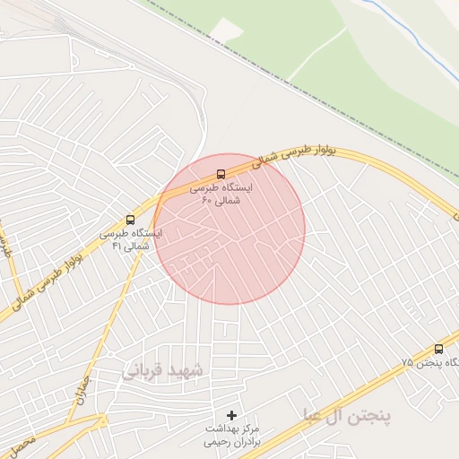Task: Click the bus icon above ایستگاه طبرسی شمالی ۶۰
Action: pyautogui.click(x=221, y=175)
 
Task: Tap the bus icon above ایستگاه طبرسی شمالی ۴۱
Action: pyautogui.click(x=131, y=220)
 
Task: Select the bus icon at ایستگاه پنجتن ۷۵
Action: pyautogui.click(x=438, y=349)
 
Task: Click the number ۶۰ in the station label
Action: pyautogui.click(x=207, y=202)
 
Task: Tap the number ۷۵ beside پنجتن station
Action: pyautogui.click(x=408, y=362)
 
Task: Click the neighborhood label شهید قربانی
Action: pyautogui.click(x=164, y=369)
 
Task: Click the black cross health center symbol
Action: pyautogui.click(x=232, y=415)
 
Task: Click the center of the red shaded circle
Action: pyautogui.click(x=229, y=229)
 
